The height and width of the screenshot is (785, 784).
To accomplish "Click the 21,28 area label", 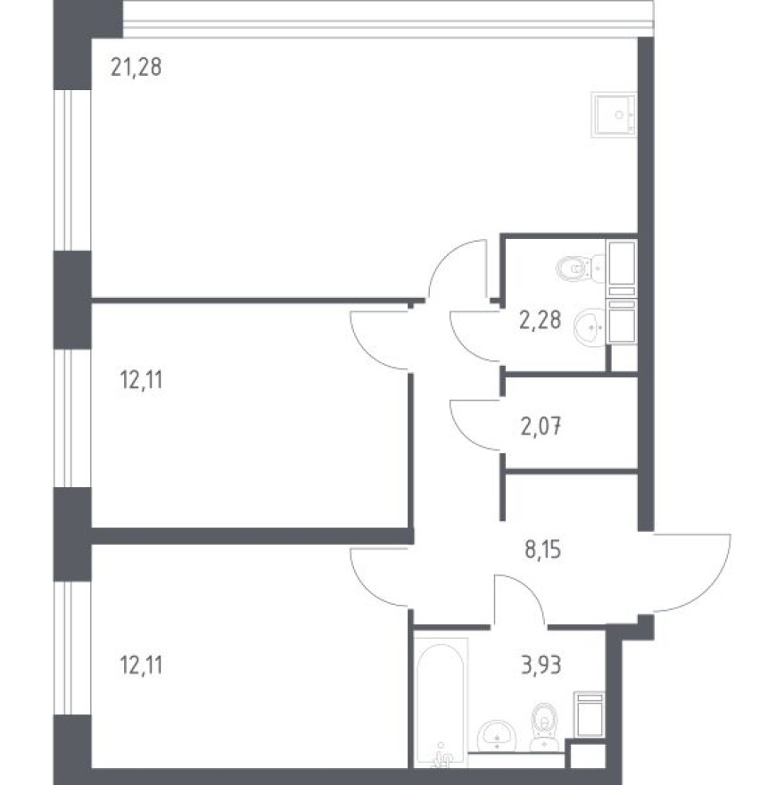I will pos(136,67).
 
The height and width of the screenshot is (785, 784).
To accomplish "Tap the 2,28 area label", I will pos(540,319).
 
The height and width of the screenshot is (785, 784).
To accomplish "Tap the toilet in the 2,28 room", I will pos(575,267).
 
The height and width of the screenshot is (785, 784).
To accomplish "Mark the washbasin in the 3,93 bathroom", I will pos(496,737).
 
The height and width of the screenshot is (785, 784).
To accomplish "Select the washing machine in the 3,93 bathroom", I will pos(589,714).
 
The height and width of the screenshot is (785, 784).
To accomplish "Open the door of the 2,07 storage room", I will pos(476,427).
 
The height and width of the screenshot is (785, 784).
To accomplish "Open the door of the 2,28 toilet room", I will pos(476,335).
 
